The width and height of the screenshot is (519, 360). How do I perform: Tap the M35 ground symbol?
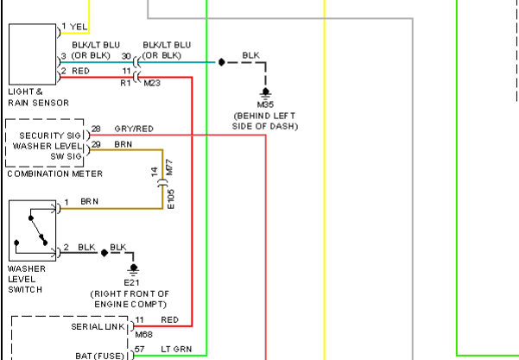click(x=265, y=93)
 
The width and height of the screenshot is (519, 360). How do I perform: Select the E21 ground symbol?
click(x=133, y=269)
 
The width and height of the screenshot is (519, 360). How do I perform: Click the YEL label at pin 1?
click(x=79, y=27)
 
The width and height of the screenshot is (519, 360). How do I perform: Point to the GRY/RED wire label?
click(x=134, y=129)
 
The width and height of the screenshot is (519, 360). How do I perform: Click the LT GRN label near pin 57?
click(x=176, y=350)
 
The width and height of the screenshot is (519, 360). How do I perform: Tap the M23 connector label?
click(x=152, y=83)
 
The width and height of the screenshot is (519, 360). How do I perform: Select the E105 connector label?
click(x=171, y=199)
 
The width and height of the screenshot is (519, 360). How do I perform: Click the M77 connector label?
click(x=169, y=167)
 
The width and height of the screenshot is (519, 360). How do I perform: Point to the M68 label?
click(x=144, y=334)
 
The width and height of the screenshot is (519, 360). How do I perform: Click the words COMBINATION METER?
click(x=55, y=174)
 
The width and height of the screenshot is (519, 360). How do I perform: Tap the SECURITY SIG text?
click(x=50, y=136)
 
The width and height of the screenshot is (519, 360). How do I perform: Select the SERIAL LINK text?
click(x=98, y=327)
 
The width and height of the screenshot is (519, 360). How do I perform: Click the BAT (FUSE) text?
click(x=99, y=356)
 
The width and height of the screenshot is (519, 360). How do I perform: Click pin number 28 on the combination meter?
click(x=96, y=129)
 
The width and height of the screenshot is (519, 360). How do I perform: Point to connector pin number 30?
click(x=126, y=56)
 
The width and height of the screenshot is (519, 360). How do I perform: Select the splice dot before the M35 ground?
click(x=222, y=62)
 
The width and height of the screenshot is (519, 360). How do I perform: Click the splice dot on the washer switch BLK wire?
click(x=104, y=253)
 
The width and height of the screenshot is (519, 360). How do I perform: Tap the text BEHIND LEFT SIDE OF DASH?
click(x=265, y=121)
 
